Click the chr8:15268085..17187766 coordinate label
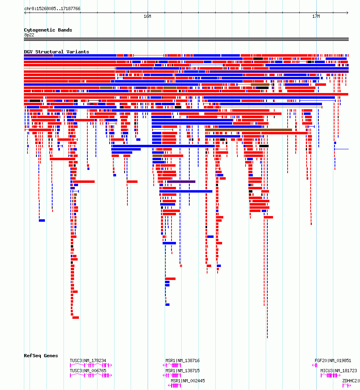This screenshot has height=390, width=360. click(x=52, y=9)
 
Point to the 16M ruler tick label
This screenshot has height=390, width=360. click(x=147, y=17)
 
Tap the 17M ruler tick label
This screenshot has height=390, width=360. click(x=316, y=17)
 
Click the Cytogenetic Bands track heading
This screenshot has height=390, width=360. click(x=48, y=30)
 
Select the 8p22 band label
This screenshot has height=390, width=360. click(x=30, y=35)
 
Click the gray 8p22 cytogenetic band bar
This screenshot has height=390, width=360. click(x=186, y=39)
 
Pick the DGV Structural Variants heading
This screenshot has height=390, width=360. click(x=57, y=52)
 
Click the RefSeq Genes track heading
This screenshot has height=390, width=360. click(x=41, y=356)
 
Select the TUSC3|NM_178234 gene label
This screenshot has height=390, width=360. click(x=88, y=360)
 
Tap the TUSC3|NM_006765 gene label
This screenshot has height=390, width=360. click(x=88, y=371)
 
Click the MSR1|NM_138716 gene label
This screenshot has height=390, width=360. click(x=182, y=360)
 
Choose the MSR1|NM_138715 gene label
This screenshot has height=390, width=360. click(x=182, y=371)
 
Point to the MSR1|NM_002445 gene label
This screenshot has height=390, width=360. click(x=188, y=381)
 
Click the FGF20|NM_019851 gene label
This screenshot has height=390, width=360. click(x=333, y=360)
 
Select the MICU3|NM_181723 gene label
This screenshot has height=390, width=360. click(x=339, y=371)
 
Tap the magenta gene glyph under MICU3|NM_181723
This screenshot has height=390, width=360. click(x=330, y=375)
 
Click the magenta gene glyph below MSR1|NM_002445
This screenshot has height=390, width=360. click(x=174, y=386)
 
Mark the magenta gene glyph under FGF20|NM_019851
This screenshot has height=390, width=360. click(x=315, y=365)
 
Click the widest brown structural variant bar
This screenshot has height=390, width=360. click(x=248, y=130)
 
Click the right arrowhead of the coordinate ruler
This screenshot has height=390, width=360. click(x=347, y=13)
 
